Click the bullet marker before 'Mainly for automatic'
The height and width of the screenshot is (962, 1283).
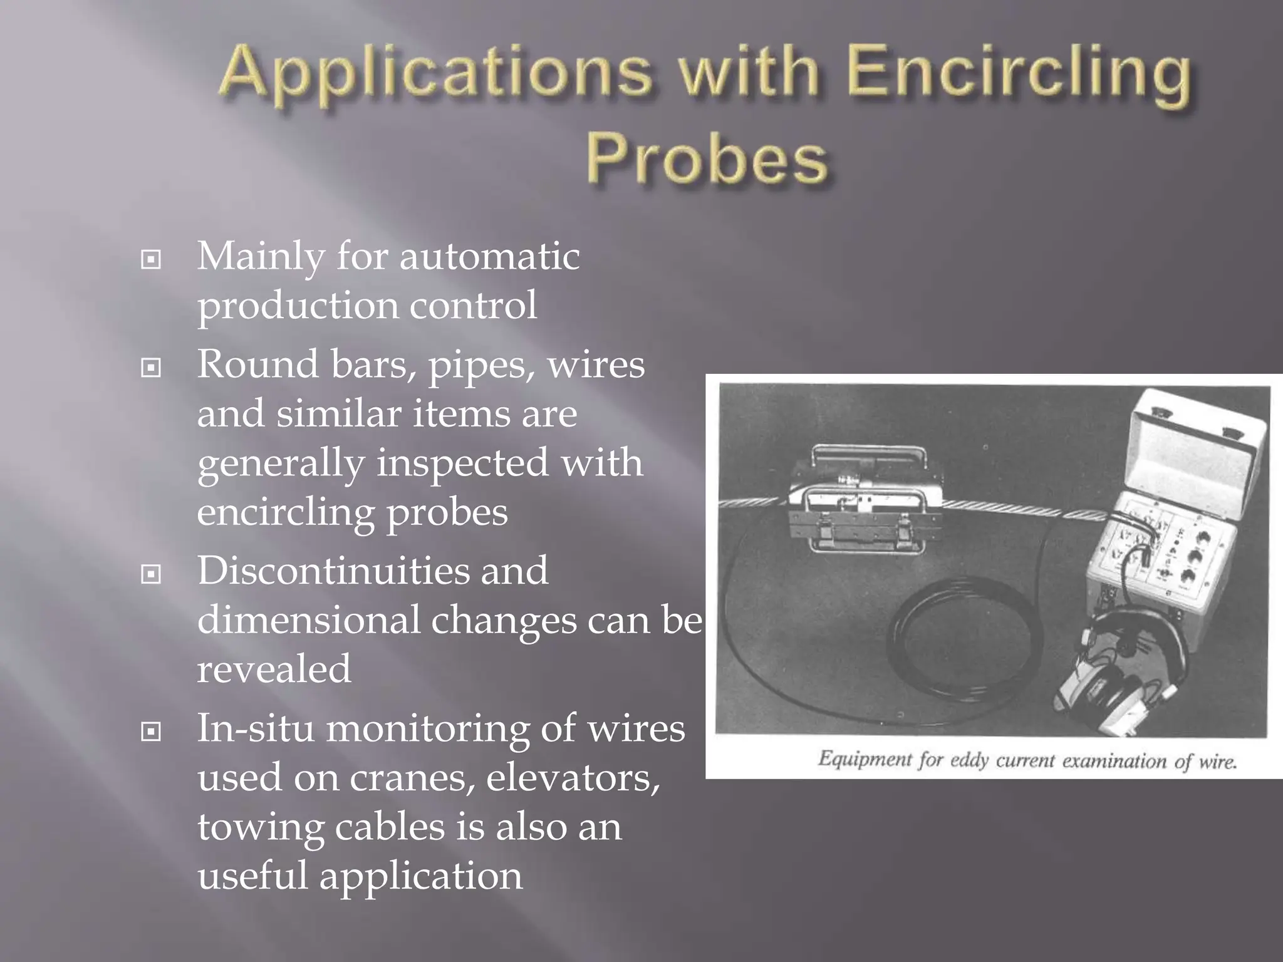tap(151, 259)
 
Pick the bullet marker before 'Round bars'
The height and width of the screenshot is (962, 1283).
tap(151, 368)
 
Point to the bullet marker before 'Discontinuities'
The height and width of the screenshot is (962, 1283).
tap(151, 574)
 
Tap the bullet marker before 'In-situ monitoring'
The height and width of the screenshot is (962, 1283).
tap(151, 731)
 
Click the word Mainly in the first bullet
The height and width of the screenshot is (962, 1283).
tap(261, 258)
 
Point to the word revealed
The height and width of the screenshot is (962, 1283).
tap(274, 669)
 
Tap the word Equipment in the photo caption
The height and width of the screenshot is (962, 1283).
tap(865, 760)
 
